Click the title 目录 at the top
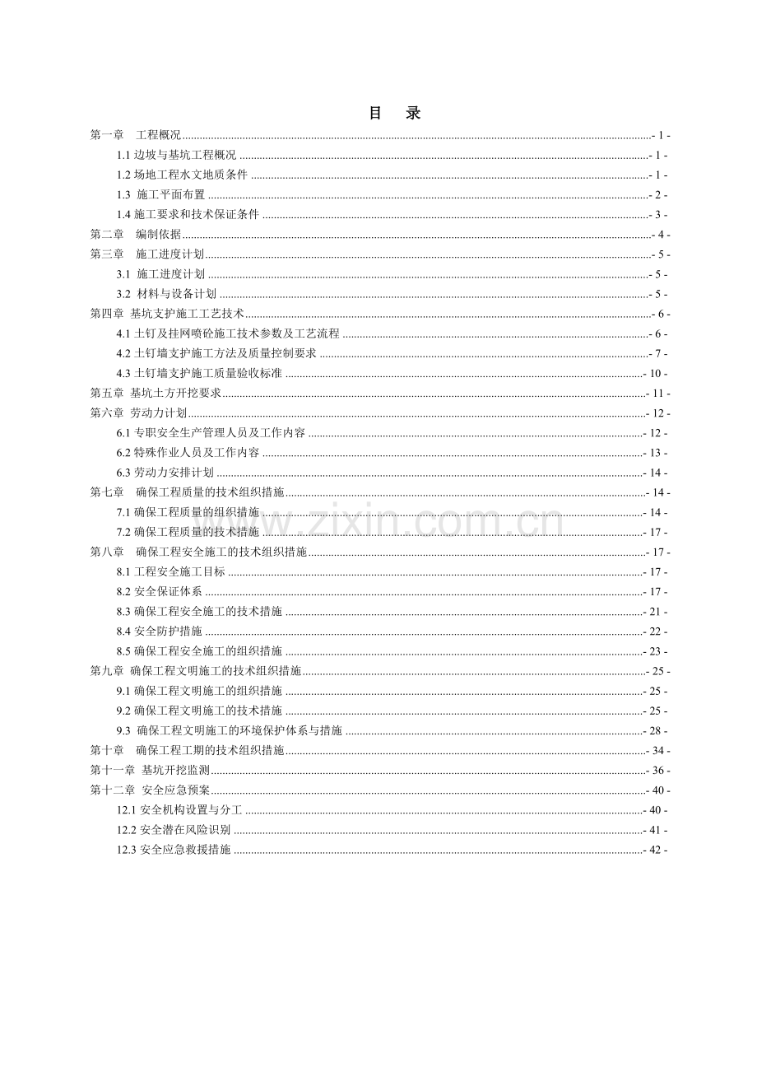tap(395, 114)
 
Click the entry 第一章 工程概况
tap(136, 135)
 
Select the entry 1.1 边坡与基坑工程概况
tap(177, 155)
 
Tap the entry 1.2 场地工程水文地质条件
tap(183, 175)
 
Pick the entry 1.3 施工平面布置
tap(161, 195)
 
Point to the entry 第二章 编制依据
tap(136, 235)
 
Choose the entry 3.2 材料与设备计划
tap(167, 294)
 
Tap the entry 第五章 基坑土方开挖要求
tap(156, 394)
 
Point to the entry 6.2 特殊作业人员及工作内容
tap(188, 453)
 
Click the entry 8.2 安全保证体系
tap(160, 591)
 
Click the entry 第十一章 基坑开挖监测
tap(151, 771)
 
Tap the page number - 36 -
tap(658, 771)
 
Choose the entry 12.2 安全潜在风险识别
tap(174, 830)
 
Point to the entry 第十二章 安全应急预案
tap(151, 790)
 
